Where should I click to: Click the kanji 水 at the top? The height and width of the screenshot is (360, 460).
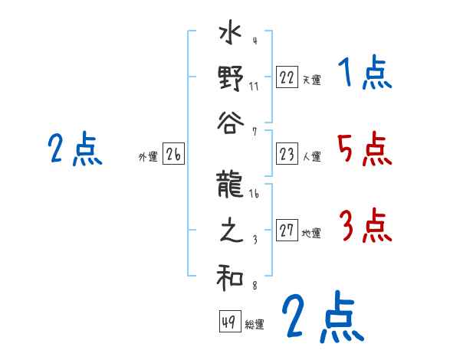pos(230,36)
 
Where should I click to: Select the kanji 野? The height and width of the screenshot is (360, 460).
pos(230,79)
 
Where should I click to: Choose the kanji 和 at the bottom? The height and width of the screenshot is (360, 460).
pos(230,279)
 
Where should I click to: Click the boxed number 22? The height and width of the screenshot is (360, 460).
pos(286,78)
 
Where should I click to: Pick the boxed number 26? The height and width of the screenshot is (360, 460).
pos(173,155)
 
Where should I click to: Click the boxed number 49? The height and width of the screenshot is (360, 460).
pos(228,322)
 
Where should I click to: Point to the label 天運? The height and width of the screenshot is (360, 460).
pos(311,80)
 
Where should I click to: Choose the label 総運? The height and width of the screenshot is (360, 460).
pos(255,324)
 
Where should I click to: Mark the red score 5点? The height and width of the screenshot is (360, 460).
pos(364,149)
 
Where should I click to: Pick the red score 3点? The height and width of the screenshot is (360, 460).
pos(364,227)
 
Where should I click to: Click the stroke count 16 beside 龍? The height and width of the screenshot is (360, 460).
pos(255,195)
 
